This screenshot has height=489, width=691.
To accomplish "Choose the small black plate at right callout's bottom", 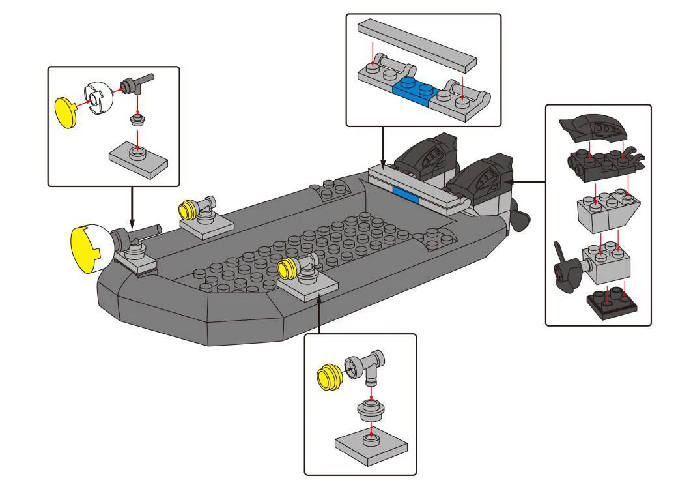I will [612, 302].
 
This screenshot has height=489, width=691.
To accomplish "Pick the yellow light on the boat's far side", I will [188, 209].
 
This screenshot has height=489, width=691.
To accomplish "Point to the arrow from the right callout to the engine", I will [524, 182].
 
